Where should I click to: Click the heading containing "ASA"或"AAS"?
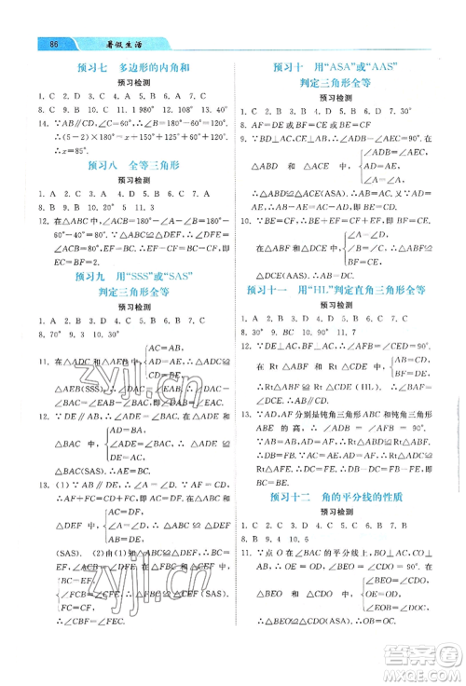(346, 66)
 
